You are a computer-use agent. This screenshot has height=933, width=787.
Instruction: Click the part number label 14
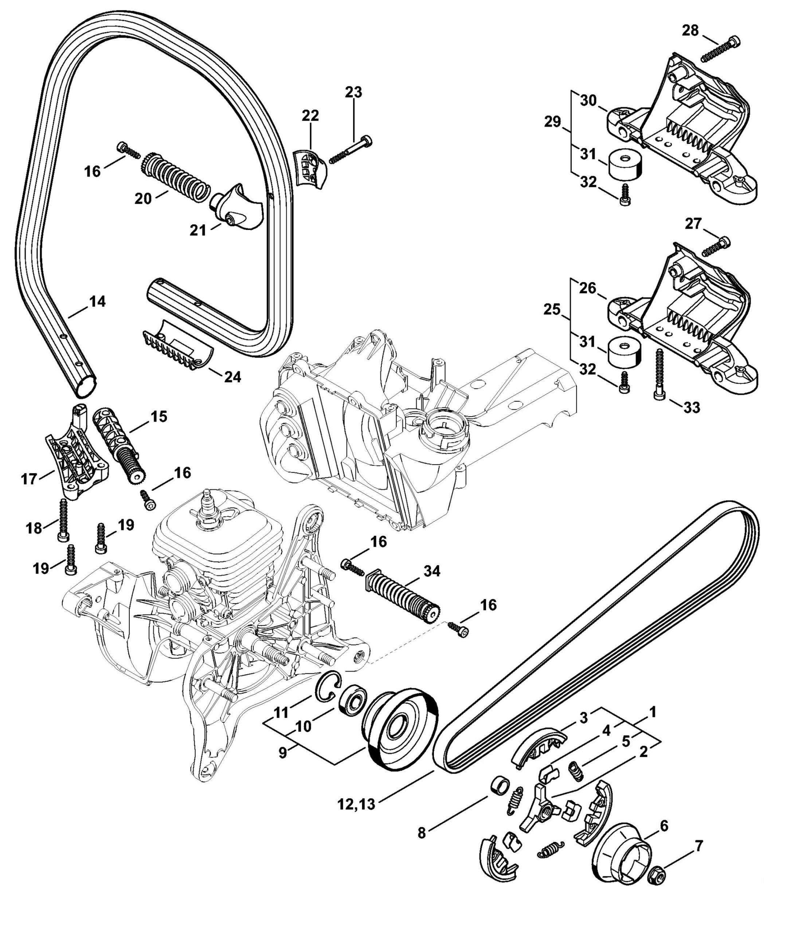[x=97, y=302]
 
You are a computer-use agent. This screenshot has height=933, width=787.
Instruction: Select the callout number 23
[x=353, y=92]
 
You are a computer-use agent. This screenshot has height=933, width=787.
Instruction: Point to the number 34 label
[x=432, y=571]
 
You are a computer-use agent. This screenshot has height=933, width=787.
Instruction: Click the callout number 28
[x=691, y=31]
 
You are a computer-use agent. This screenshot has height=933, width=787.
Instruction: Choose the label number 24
[x=232, y=378]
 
